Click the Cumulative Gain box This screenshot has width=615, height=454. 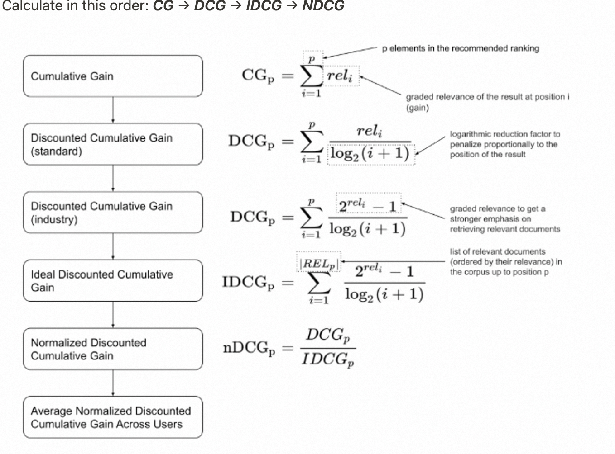(x=113, y=76)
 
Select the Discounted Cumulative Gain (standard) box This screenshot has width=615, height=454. (x=113, y=144)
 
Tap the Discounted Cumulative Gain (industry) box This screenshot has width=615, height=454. (x=113, y=213)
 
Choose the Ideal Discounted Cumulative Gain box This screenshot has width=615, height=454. (x=113, y=281)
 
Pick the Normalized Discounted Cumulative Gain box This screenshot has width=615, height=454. (x=113, y=349)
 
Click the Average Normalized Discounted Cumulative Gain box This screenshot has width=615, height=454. (x=113, y=417)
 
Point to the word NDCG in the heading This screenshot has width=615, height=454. (x=323, y=5)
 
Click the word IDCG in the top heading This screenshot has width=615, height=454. (x=264, y=5)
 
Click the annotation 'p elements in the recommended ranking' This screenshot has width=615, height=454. (x=461, y=48)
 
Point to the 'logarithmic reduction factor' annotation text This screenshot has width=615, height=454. (x=504, y=144)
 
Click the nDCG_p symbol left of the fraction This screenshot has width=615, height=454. (x=249, y=348)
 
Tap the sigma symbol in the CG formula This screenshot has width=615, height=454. (x=312, y=76)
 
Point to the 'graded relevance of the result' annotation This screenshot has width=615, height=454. (x=487, y=102)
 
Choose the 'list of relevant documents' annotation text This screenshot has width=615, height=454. (x=506, y=262)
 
